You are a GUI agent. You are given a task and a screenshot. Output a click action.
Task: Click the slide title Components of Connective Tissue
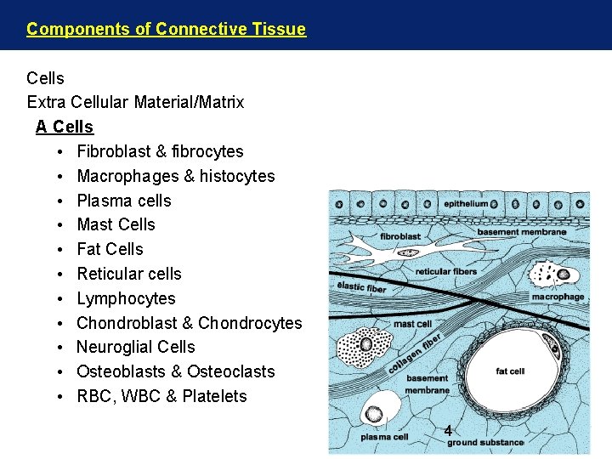coord(166,29)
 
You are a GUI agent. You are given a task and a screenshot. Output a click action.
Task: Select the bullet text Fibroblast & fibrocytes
coord(160,151)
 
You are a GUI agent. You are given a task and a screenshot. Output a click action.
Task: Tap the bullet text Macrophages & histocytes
coord(175,176)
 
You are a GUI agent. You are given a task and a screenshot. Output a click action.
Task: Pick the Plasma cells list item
coord(124,201)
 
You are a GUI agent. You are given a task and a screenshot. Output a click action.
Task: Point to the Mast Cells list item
coord(116,224)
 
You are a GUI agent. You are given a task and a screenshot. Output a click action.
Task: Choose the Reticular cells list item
coord(129,274)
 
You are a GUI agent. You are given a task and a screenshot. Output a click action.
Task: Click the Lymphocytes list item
coord(126,298)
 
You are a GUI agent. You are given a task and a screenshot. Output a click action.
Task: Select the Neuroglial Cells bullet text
coord(136,347)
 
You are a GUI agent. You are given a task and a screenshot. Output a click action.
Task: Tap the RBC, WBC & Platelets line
coord(161,396)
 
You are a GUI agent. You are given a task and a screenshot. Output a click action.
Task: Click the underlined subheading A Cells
coord(65,127)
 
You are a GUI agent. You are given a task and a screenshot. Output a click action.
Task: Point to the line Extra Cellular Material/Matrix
coord(135,102)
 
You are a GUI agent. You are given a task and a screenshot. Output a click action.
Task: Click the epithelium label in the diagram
coord(466,204)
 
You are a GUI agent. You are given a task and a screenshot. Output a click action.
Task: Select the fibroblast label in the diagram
coord(400,236)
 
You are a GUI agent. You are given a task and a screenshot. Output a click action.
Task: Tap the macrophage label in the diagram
coord(558,297)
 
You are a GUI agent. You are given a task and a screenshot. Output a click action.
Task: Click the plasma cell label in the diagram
coord(384,437)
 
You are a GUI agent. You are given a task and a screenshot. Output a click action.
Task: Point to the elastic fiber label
coord(361,287)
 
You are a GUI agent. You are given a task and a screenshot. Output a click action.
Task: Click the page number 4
coord(447,431)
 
